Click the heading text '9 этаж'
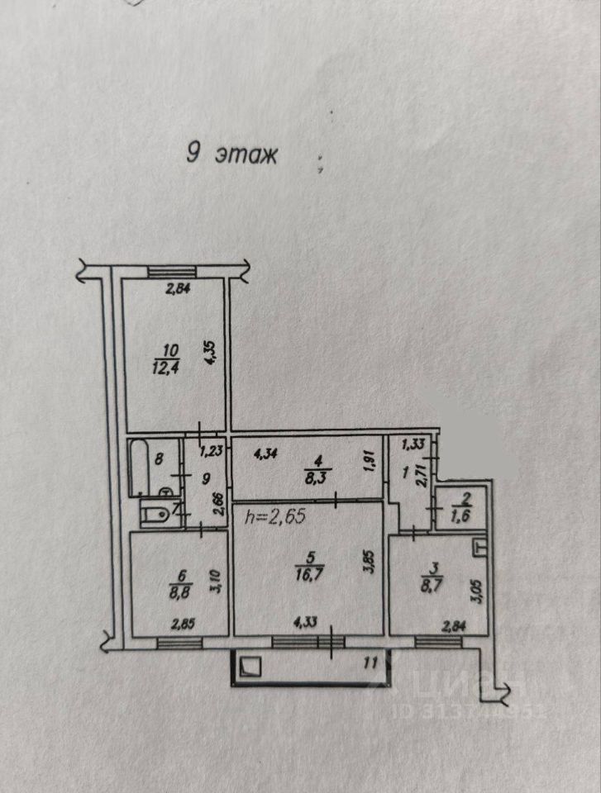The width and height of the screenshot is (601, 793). pyautogui.click(x=231, y=154)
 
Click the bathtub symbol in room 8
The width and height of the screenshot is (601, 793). pyautogui.click(x=138, y=468)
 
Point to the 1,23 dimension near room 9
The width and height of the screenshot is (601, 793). pyautogui.click(x=210, y=451)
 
